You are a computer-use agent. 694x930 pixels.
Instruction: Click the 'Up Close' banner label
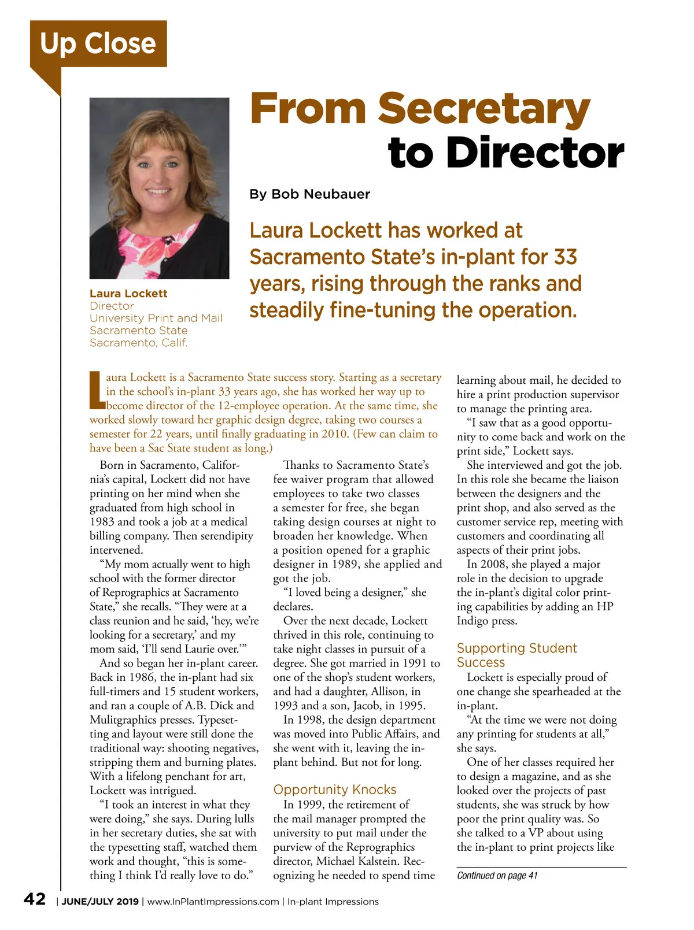pyautogui.click(x=98, y=44)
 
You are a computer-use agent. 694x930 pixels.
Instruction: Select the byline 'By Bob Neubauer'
pyautogui.click(x=309, y=194)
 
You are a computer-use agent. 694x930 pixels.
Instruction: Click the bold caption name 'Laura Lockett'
pyautogui.click(x=128, y=294)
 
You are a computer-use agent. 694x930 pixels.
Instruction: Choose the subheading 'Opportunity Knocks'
pyautogui.click(x=335, y=790)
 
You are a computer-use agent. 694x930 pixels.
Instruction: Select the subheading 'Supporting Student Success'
pyautogui.click(x=516, y=655)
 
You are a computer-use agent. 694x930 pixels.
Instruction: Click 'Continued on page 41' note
pyautogui.click(x=497, y=876)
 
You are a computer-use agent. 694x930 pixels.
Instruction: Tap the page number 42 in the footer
pyautogui.click(x=35, y=899)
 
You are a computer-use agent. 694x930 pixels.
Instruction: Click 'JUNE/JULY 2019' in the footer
pyautogui.click(x=100, y=902)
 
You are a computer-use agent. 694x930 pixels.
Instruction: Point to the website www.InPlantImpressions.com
pyautogui.click(x=213, y=902)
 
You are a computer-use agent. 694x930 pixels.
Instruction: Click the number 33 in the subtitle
pyautogui.click(x=565, y=257)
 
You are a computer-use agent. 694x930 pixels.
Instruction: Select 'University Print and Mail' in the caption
pyautogui.click(x=156, y=318)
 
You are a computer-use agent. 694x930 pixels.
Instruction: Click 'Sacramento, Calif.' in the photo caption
pyautogui.click(x=138, y=343)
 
